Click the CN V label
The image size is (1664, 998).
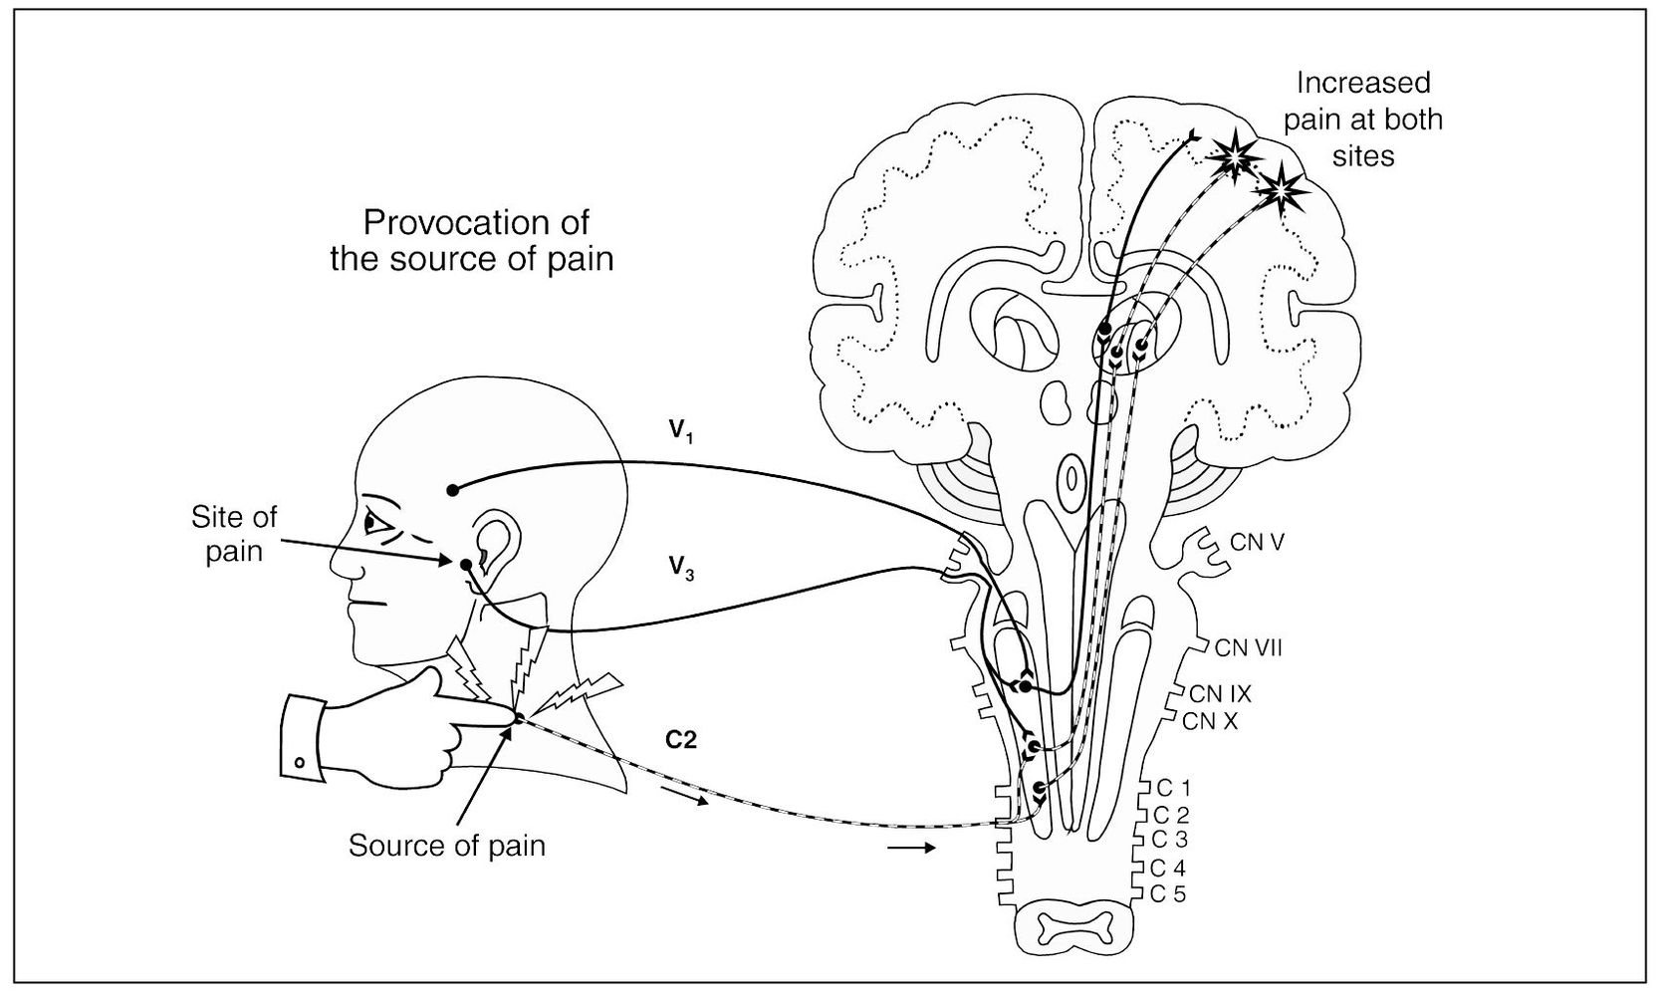click(x=1257, y=543)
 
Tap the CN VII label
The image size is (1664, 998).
click(x=1248, y=648)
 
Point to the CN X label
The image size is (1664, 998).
click(x=1210, y=721)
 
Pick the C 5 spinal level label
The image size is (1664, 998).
click(x=1168, y=893)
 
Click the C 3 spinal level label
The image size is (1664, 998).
click(x=1168, y=840)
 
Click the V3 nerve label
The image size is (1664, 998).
click(x=681, y=568)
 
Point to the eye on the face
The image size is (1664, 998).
click(x=375, y=522)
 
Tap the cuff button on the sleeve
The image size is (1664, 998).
click(x=299, y=763)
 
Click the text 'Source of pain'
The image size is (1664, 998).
click(x=447, y=846)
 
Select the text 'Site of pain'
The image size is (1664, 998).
click(x=234, y=534)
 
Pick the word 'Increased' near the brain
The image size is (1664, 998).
click(x=1364, y=82)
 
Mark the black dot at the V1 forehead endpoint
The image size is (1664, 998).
click(x=452, y=489)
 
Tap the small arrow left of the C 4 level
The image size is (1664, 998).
click(x=910, y=849)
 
